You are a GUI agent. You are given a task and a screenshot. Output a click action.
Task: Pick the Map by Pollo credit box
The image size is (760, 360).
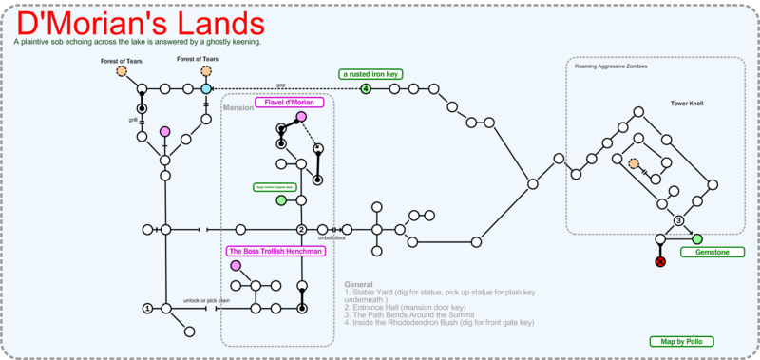679,340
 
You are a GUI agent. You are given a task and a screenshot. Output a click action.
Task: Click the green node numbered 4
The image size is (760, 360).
366,89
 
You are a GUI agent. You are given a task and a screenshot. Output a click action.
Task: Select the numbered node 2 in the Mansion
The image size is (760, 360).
301,229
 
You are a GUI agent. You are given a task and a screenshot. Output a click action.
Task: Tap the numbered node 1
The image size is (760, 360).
147,308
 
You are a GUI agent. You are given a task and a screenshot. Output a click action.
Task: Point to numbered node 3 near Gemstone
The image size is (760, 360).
678,220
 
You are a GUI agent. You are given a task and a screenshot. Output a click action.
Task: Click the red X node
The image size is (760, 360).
660,261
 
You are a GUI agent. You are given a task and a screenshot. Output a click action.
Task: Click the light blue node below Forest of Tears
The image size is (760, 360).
205,89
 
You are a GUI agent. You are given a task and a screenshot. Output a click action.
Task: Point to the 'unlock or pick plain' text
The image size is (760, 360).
206,300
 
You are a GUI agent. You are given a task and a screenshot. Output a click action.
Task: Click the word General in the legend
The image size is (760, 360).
359,284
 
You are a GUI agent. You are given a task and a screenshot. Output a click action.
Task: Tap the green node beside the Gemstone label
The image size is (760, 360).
697,238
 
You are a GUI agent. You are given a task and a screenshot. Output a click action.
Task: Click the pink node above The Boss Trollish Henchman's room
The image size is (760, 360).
235,265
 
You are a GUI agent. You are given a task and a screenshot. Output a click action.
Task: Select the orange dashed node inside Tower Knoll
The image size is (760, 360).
635,164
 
